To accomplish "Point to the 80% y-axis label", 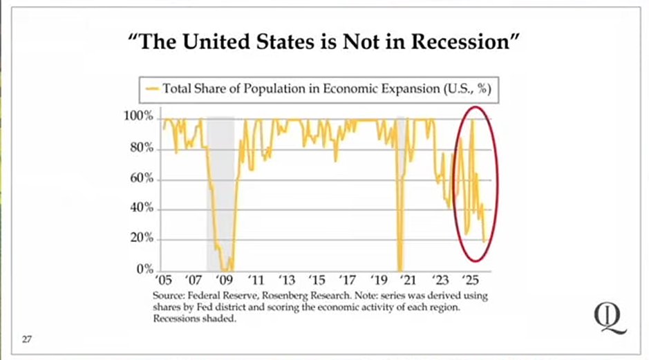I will tap(141, 148).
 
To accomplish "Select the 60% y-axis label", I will tap(141, 179).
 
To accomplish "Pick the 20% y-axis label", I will tap(141, 240).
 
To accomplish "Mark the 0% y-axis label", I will tap(144, 269).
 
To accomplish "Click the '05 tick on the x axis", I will tap(163, 281).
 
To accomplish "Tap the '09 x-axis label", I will tap(225, 281).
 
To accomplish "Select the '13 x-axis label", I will tap(286, 281).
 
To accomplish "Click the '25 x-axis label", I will tap(471, 281).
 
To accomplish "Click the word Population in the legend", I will tap(273, 88).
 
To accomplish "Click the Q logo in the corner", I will tap(610, 317).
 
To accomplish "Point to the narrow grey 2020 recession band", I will tap(400, 193).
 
